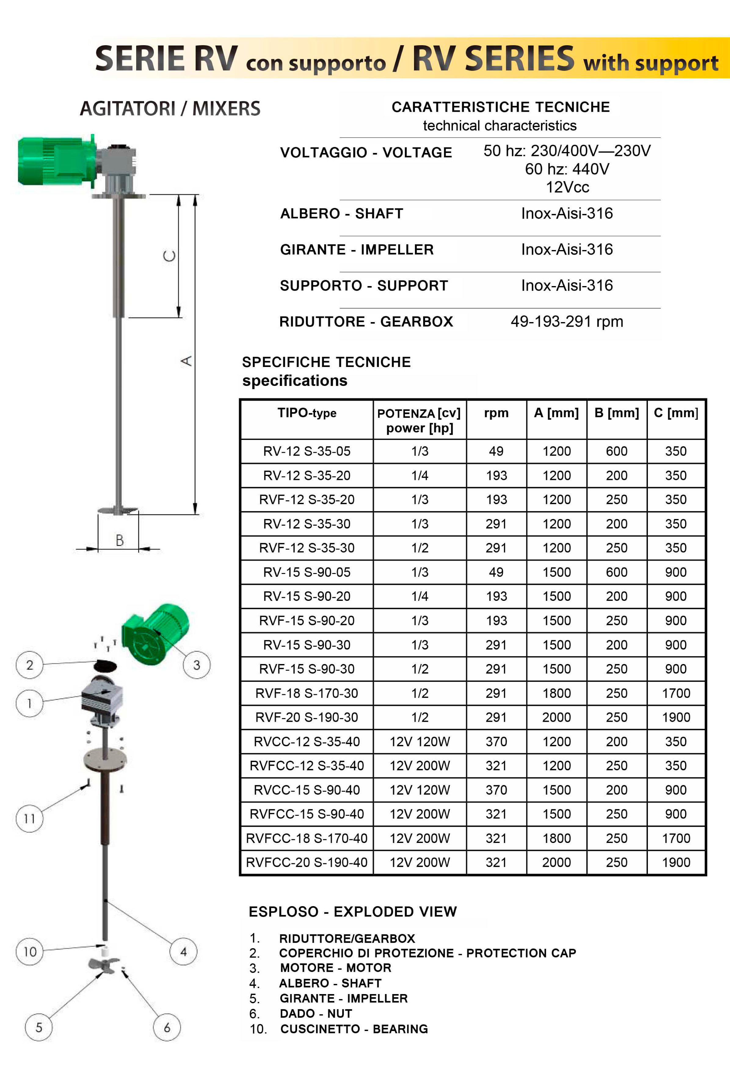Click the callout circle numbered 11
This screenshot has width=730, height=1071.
[29, 819]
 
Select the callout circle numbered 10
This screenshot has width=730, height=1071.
[30, 952]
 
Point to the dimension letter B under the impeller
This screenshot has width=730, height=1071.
[119, 540]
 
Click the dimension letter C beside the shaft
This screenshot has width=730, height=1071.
[169, 256]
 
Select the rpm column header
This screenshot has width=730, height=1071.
[496, 413]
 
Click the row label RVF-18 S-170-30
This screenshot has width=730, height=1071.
[307, 693]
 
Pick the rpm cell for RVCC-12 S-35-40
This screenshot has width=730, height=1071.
[496, 742]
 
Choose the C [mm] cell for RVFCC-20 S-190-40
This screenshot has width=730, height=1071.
[676, 862]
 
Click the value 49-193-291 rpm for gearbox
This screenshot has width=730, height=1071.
[567, 321]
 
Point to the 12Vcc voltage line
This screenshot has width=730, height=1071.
[567, 187]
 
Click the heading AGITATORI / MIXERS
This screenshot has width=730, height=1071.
[170, 109]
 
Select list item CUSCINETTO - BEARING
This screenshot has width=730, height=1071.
[354, 1029]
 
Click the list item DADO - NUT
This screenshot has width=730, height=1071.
[316, 1014]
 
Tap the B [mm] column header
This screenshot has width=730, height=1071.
[617, 413]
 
